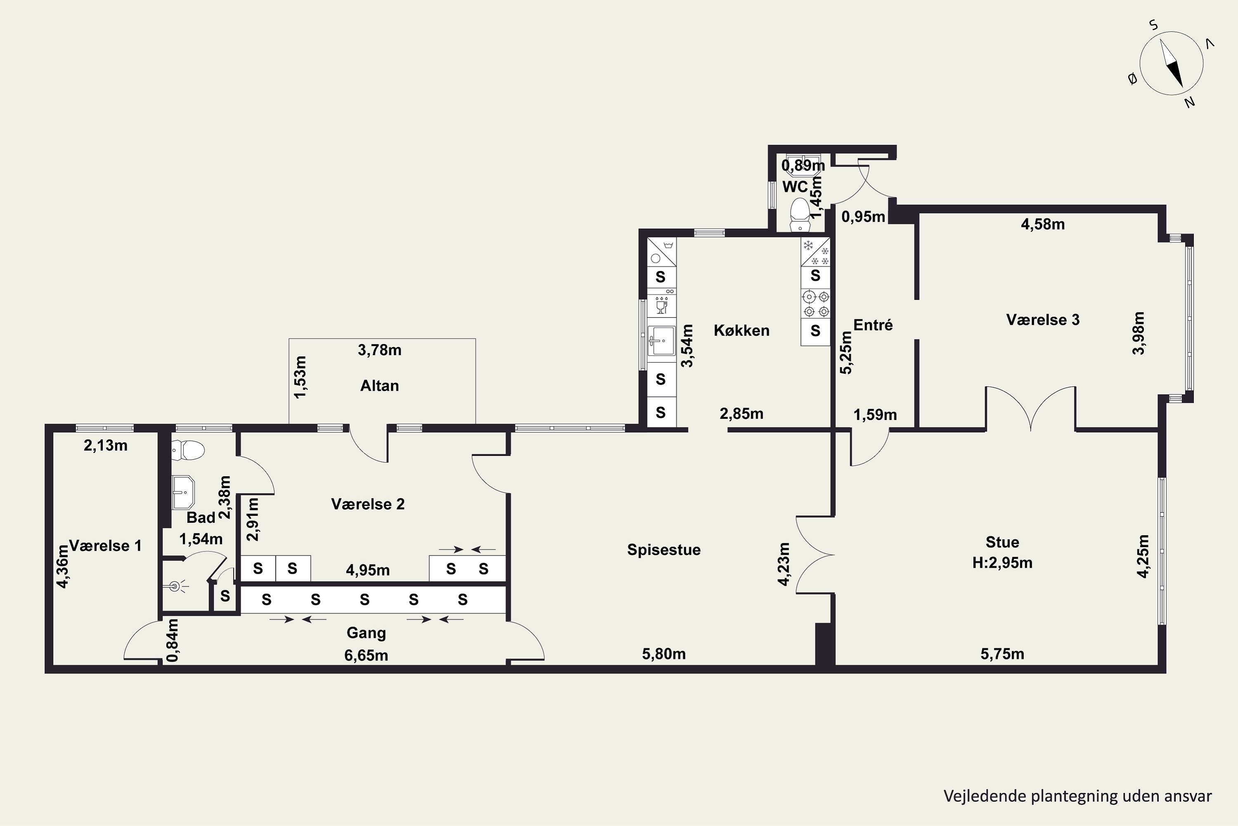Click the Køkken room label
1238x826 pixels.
point(741,331)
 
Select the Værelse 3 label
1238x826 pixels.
point(1043,320)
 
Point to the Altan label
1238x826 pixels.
point(380,386)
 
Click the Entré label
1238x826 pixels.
point(873,325)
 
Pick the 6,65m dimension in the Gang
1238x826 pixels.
point(366,656)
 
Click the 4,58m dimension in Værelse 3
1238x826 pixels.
point(1043,224)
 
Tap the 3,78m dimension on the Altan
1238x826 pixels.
point(380,350)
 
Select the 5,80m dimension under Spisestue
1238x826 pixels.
point(664,654)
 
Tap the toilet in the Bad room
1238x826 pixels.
point(188,449)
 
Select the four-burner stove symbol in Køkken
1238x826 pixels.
point(815,304)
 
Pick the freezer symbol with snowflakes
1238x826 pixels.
point(815,252)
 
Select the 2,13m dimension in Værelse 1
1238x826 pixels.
point(105,446)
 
